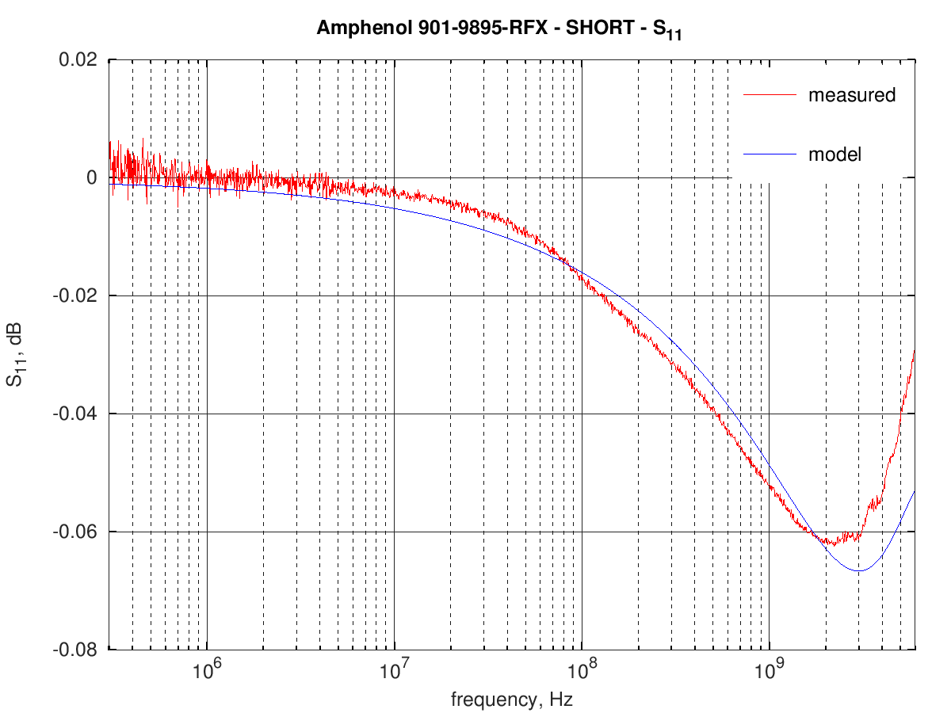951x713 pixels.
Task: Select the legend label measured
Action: click(851, 95)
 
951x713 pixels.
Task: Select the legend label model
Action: click(834, 154)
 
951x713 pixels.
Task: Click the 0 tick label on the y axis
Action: click(92, 178)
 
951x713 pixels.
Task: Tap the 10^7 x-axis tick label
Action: click(394, 671)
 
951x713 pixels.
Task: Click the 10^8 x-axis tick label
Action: click(582, 671)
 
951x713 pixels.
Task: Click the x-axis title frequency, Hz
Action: click(511, 700)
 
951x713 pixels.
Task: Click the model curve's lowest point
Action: click(857, 570)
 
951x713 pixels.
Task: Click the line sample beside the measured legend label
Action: click(769, 95)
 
